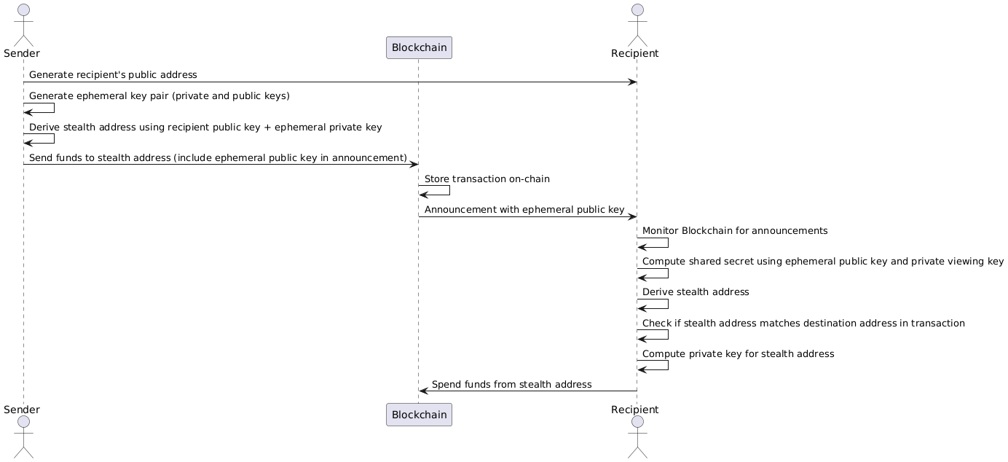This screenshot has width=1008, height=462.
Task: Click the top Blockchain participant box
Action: (x=419, y=48)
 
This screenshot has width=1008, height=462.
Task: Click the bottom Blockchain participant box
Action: (x=419, y=415)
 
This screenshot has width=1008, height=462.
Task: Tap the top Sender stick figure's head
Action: (x=23, y=9)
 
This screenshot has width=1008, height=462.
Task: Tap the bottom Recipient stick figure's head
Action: (x=637, y=423)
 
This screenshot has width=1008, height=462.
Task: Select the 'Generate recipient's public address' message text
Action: (x=113, y=75)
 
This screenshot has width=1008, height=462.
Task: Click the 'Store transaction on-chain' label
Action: (x=487, y=179)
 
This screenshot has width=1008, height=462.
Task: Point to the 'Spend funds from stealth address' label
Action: (x=511, y=384)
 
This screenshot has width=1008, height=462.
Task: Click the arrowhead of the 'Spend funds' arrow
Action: (x=423, y=391)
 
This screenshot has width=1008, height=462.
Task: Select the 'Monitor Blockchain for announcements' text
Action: (x=735, y=231)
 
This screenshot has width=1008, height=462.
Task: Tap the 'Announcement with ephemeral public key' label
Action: (x=524, y=210)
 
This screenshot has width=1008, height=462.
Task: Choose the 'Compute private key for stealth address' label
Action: (x=738, y=354)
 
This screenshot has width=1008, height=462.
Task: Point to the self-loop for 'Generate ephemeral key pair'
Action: (x=53, y=108)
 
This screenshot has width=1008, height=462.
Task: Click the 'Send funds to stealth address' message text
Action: (x=218, y=158)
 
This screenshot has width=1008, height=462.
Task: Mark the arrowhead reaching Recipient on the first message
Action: (x=633, y=82)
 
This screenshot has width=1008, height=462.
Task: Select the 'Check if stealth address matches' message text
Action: (x=803, y=324)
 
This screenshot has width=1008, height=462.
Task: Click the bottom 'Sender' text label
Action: (x=21, y=410)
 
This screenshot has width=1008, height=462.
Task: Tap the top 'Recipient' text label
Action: (x=635, y=53)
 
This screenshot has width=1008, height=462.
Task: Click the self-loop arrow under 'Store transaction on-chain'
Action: (x=449, y=190)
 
